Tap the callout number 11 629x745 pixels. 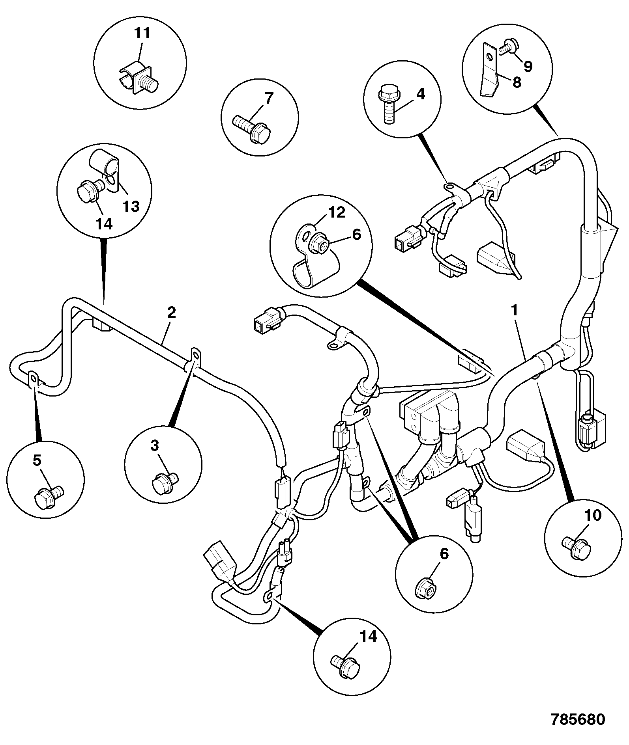tap(142, 33)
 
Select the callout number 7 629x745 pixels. tap(268, 98)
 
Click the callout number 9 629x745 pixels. tap(528, 66)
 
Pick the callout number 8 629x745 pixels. tap(517, 82)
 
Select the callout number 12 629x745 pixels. tap(336, 213)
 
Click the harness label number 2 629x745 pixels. tap(171, 313)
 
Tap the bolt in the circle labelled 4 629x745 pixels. tap(389, 104)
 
